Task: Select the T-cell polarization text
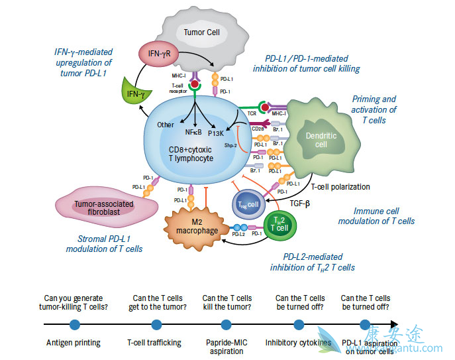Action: [340, 186]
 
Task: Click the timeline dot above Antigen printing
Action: [74, 324]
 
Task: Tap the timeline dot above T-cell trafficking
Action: [157, 324]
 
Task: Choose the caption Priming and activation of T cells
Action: [375, 110]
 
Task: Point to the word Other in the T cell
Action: [166, 124]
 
